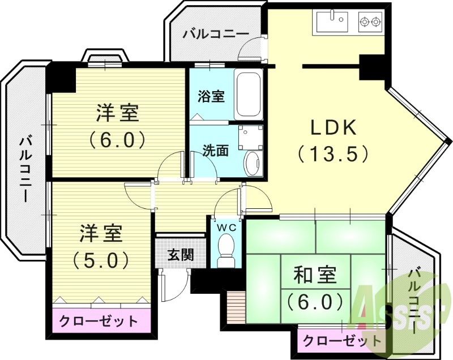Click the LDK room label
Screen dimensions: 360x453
334,128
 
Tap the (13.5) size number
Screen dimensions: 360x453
334,153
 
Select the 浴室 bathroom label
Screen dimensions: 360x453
211,97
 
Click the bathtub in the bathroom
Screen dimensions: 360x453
248,95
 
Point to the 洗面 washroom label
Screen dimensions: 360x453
216,151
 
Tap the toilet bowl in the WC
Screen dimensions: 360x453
226,249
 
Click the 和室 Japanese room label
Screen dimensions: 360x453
315,276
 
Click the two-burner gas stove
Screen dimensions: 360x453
370,23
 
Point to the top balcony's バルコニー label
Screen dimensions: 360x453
215,35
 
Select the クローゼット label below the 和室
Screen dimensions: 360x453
341,341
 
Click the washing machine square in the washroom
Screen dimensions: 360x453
251,136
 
